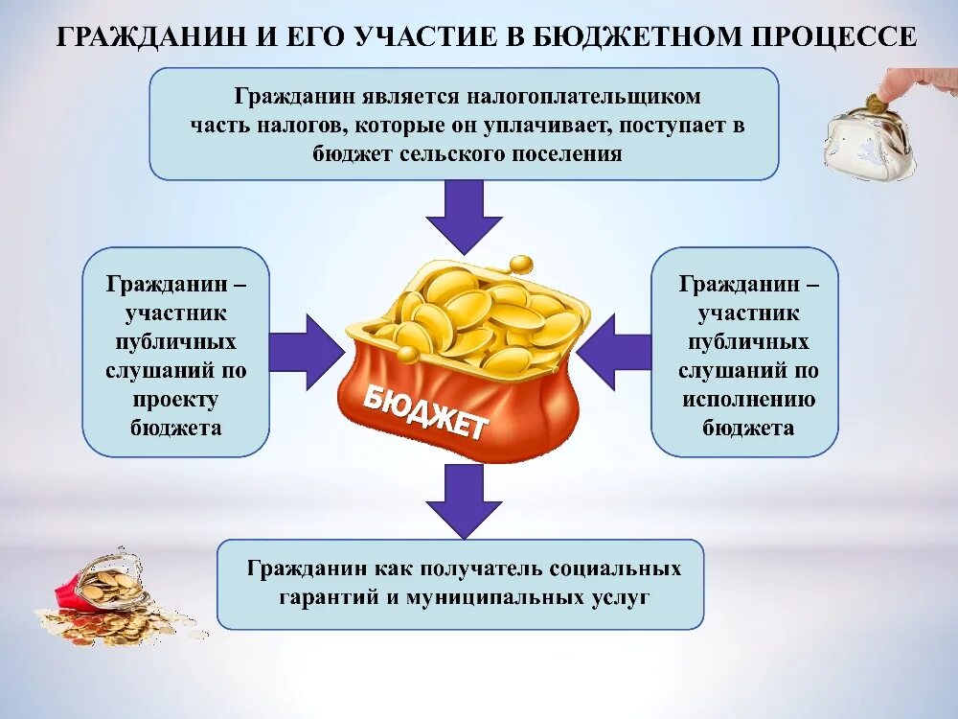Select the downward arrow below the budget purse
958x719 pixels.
(x=464, y=498)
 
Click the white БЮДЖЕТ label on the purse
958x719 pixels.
(x=425, y=411)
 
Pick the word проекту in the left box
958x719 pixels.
(x=175, y=399)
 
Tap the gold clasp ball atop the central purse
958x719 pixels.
(x=520, y=264)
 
